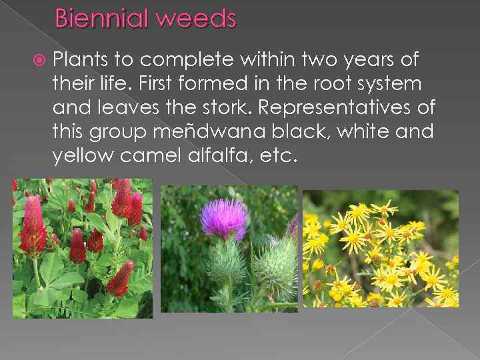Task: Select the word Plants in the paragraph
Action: pyautogui.click(x=81, y=60)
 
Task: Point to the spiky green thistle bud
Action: pyautogui.click(x=275, y=266)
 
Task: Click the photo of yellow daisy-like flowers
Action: pyautogui.click(x=381, y=248)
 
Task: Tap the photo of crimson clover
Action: pyautogui.click(x=82, y=248)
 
